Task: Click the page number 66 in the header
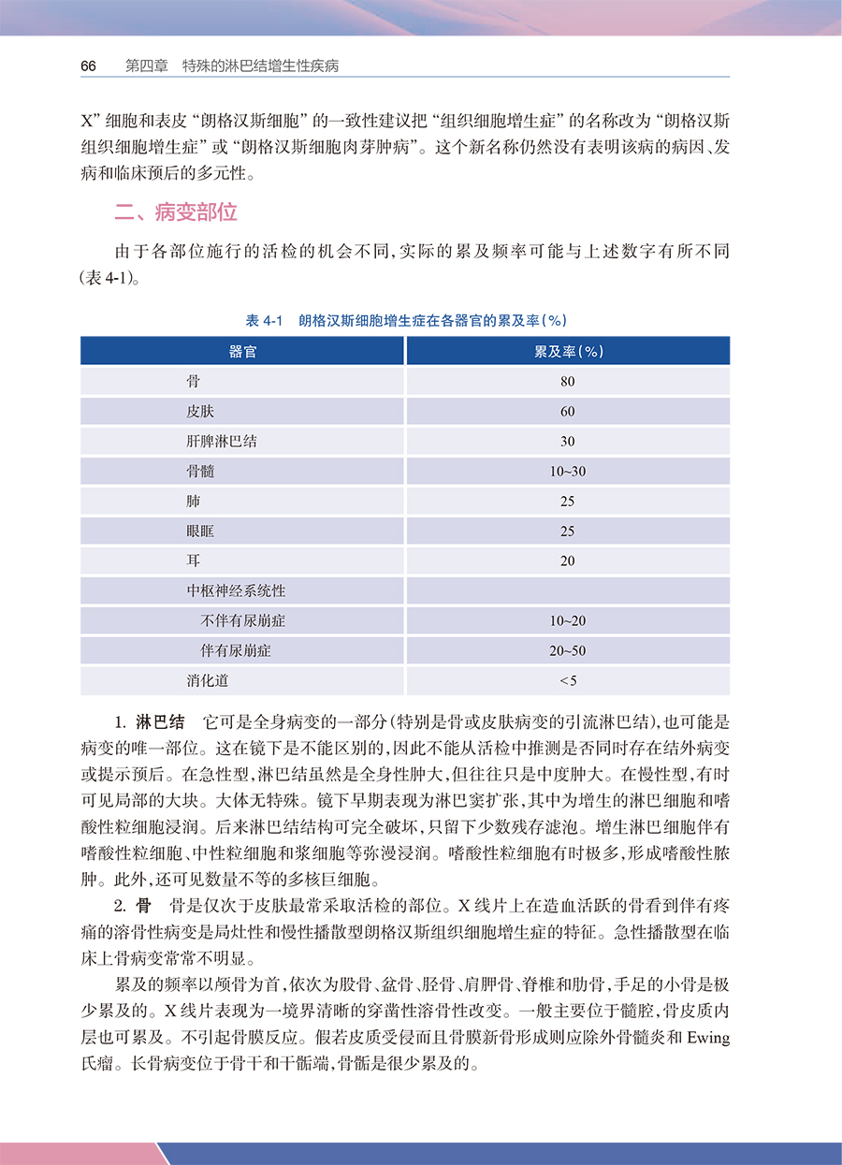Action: pos(89,66)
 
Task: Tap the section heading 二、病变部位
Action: pos(176,212)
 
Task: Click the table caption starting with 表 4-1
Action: pos(405,320)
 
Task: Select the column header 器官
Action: pos(243,351)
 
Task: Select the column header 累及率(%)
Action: pos(568,351)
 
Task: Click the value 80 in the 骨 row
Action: pos(568,382)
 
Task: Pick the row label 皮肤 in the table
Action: pos(199,412)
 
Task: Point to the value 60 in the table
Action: pos(568,412)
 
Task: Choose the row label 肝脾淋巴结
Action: pos(222,442)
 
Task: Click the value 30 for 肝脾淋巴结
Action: pos(568,442)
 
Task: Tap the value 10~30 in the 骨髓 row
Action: pos(568,472)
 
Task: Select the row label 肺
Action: pos(193,502)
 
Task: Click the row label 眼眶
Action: pos(200,532)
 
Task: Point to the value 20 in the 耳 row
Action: pos(568,561)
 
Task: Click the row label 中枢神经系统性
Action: pos(236,591)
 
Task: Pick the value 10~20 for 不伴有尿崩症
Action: pos(568,621)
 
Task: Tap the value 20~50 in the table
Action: pos(568,651)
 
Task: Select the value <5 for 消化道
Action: pos(568,681)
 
